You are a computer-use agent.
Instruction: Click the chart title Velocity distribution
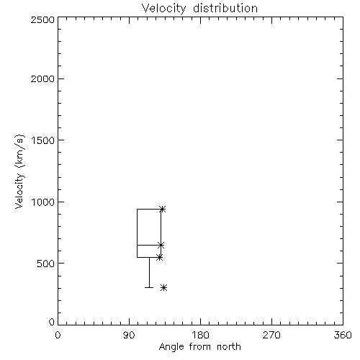pyautogui.click(x=199, y=8)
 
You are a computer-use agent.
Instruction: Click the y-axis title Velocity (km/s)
pyautogui.click(x=19, y=171)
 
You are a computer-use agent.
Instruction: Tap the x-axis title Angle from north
pyautogui.click(x=199, y=347)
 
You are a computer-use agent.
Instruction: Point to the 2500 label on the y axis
pyautogui.click(x=42, y=19)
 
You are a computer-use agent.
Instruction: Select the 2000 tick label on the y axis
pyautogui.click(x=42, y=78)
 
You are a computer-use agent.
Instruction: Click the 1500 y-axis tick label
pyautogui.click(x=43, y=140)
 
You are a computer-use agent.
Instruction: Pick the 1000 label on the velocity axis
pyautogui.click(x=43, y=202)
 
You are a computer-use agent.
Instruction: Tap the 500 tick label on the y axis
pyautogui.click(x=46, y=264)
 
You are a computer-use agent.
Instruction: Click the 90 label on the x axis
pyautogui.click(x=129, y=335)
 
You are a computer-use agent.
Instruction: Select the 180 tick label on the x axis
pyautogui.click(x=200, y=335)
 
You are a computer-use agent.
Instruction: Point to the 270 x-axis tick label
pyautogui.click(x=271, y=335)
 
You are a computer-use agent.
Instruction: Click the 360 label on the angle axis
pyautogui.click(x=343, y=335)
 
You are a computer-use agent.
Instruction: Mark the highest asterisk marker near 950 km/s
pyautogui.click(x=163, y=210)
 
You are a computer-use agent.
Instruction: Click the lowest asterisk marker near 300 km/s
pyautogui.click(x=164, y=287)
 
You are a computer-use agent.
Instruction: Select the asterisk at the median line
pyautogui.click(x=161, y=246)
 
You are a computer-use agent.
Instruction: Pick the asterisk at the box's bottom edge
pyautogui.click(x=160, y=258)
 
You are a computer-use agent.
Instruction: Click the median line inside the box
pyautogui.click(x=149, y=245)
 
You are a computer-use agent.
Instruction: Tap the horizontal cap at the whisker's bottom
pyautogui.click(x=149, y=287)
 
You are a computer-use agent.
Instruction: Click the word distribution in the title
pyautogui.click(x=225, y=8)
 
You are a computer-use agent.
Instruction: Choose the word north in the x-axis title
pyautogui.click(x=229, y=347)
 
